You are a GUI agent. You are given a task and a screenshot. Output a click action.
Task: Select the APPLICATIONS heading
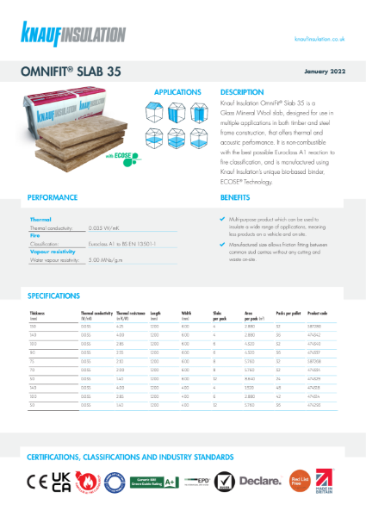(178, 91)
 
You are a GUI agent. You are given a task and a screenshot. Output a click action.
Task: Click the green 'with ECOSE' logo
(130, 158)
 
